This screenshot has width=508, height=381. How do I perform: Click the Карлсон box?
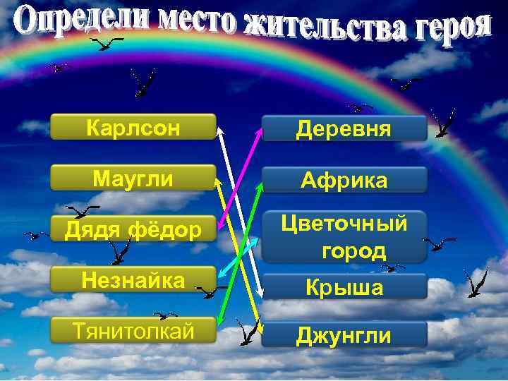tap(133, 128)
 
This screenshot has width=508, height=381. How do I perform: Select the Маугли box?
tap(133, 179)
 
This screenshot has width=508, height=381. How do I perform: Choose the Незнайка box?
tap(133, 280)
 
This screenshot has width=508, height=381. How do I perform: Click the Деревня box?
tap(344, 129)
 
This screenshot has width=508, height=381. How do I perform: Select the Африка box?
tap(344, 180)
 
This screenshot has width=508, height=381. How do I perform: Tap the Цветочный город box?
tap(344, 237)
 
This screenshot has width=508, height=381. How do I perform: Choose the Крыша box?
tap(344, 287)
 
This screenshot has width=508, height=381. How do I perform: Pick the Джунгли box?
tap(344, 335)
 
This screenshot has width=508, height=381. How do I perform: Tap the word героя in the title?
tap(447, 27)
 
